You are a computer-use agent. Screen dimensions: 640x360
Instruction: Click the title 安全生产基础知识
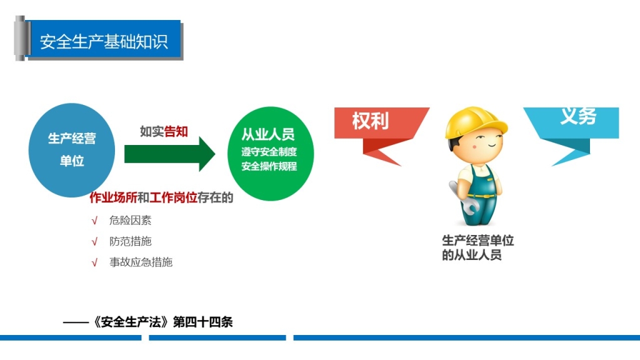104,42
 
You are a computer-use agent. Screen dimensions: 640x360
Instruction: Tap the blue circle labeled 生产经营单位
72,150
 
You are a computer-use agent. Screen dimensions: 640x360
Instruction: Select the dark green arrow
169,154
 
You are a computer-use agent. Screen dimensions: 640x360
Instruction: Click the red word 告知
176,131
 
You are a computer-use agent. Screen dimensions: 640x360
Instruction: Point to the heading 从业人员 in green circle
267,134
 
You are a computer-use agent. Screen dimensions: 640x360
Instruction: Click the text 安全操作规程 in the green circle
269,166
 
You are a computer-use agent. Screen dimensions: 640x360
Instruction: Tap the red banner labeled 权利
381,136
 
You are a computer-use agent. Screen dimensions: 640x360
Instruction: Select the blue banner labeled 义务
571,136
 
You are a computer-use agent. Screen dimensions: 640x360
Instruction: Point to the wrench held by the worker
463,198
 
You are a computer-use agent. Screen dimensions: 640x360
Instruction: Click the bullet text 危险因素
130,221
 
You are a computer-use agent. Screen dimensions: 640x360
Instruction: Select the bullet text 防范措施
130,241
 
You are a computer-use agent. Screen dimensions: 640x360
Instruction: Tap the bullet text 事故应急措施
141,262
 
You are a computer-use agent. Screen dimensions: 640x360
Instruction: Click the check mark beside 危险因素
95,221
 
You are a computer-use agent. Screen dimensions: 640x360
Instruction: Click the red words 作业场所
114,197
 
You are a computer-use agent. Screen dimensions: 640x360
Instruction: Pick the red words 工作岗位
174,197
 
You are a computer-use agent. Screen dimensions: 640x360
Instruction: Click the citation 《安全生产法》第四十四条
162,322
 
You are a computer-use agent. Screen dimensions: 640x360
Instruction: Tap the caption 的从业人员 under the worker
472,255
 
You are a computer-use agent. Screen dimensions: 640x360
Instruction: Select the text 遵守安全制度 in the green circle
269,152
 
